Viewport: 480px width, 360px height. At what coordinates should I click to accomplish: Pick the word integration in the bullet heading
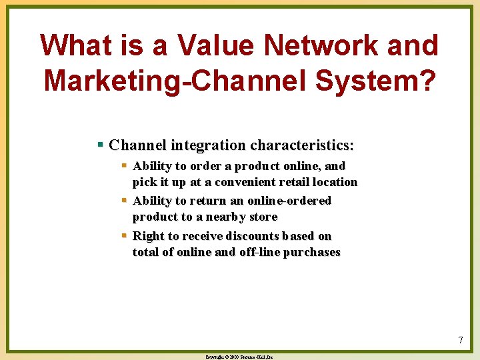click(207, 145)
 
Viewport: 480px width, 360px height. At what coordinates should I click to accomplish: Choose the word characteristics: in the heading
click(301, 145)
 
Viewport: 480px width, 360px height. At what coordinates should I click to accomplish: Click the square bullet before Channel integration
click(100, 145)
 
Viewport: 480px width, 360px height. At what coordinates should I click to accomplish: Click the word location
click(335, 182)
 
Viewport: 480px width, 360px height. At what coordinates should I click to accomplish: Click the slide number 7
click(460, 341)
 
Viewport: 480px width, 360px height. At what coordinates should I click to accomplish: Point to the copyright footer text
click(239, 357)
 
